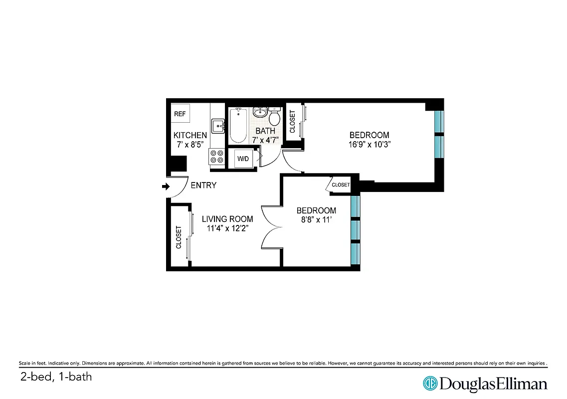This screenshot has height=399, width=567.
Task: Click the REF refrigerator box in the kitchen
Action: click(x=180, y=114)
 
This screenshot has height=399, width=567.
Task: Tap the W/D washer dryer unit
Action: click(x=243, y=159)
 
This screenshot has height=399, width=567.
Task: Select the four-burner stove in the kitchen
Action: click(x=217, y=157)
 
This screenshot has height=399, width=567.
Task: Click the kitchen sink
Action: click(x=218, y=126)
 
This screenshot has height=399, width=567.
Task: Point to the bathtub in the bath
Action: click(x=238, y=126)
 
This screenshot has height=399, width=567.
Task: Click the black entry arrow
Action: click(x=166, y=187)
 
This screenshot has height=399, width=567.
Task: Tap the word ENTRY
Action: click(x=203, y=186)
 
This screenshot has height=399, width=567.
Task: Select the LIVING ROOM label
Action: click(x=227, y=219)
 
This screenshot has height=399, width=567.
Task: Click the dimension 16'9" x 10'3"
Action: click(x=369, y=145)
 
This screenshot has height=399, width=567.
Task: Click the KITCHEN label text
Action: click(x=190, y=135)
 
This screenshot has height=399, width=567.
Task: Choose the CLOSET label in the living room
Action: click(x=178, y=237)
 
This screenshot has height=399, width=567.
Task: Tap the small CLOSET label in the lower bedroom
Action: click(x=341, y=185)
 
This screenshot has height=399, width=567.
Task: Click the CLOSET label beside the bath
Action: click(x=292, y=122)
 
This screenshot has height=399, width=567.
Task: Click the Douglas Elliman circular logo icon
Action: click(x=430, y=383)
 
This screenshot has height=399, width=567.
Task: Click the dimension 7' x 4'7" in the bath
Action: click(x=265, y=140)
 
